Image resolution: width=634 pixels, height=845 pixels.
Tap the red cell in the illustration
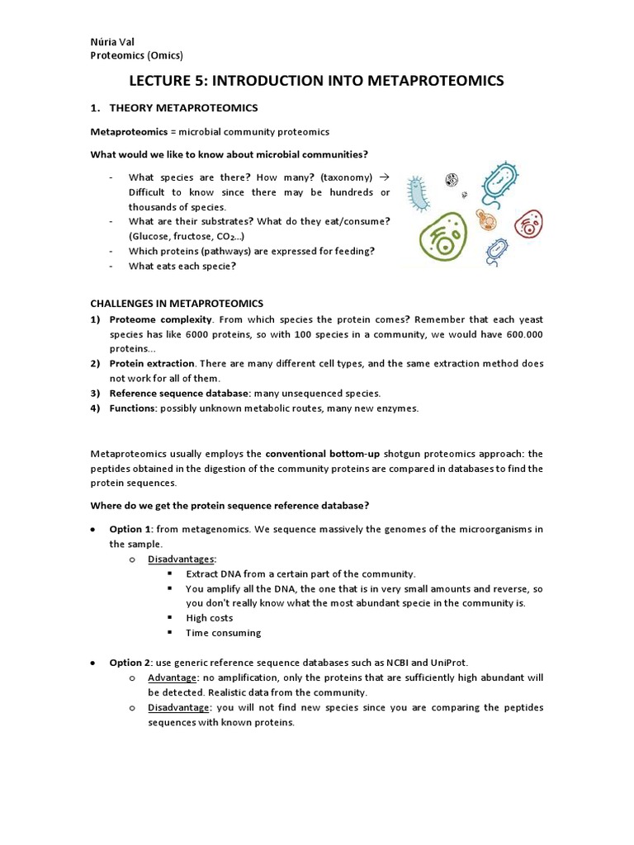pyautogui.click(x=528, y=223)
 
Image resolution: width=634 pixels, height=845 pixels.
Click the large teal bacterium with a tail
pyautogui.click(x=503, y=183)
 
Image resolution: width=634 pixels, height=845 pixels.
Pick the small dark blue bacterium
pyautogui.click(x=496, y=251)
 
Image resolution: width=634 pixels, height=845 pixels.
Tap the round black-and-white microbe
pyautogui.click(x=452, y=179)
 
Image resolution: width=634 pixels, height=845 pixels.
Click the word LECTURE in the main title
pyautogui.click(x=165, y=80)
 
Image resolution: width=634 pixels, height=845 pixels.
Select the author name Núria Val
pyautogui.click(x=112, y=41)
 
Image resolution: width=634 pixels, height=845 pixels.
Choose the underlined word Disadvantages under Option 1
pyautogui.click(x=181, y=559)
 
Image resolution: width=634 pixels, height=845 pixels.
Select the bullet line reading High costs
pyautogui.click(x=210, y=618)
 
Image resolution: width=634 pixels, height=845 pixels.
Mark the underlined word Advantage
pyautogui.click(x=173, y=677)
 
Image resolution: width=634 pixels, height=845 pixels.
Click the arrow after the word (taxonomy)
pyautogui.click(x=384, y=177)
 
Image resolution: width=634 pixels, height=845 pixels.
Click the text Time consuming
pyautogui.click(x=223, y=633)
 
